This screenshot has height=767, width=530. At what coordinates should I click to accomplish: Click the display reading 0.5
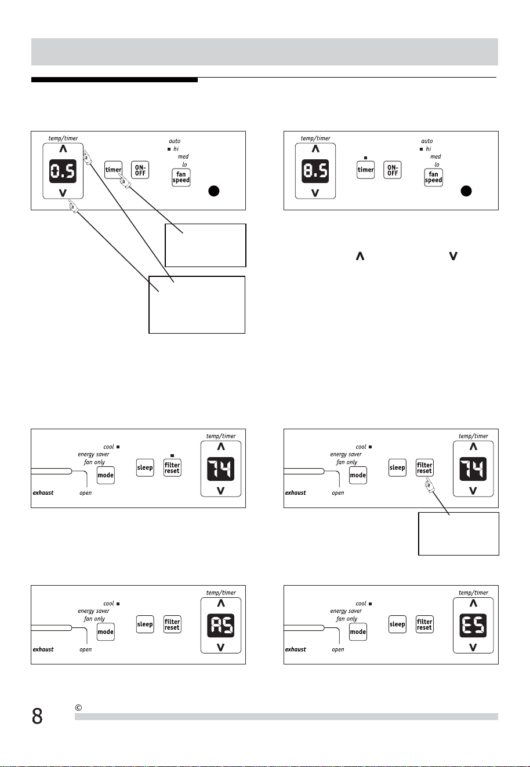(x=63, y=171)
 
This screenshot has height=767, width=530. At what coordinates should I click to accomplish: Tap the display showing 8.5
(x=315, y=171)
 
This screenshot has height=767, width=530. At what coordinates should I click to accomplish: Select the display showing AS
(x=221, y=625)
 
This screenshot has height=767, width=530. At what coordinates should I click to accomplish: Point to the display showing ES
(x=473, y=625)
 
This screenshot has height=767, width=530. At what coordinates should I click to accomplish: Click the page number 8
(x=37, y=716)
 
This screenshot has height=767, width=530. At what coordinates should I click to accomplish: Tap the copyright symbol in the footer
(x=78, y=707)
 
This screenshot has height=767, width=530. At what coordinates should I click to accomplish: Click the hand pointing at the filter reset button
(x=429, y=486)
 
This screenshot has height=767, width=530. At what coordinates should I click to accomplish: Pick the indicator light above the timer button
(x=365, y=158)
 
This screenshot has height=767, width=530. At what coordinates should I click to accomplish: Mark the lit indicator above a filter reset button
(x=172, y=455)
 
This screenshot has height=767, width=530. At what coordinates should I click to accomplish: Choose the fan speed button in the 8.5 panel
(x=433, y=177)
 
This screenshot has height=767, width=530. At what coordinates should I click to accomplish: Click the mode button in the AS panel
(x=106, y=632)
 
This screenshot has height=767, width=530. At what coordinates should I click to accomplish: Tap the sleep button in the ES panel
(x=397, y=624)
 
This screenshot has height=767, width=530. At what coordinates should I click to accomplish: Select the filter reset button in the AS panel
(x=172, y=624)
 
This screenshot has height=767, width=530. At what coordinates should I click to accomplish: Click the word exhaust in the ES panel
(x=296, y=649)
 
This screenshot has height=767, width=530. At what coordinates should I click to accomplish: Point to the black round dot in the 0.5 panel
(x=214, y=191)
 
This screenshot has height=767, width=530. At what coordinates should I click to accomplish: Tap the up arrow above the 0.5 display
(x=63, y=149)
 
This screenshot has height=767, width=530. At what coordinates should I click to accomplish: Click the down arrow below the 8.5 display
(x=315, y=193)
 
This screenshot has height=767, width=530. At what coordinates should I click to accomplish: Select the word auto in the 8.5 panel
(x=427, y=141)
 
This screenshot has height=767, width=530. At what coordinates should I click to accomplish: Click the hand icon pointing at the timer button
(x=125, y=181)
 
